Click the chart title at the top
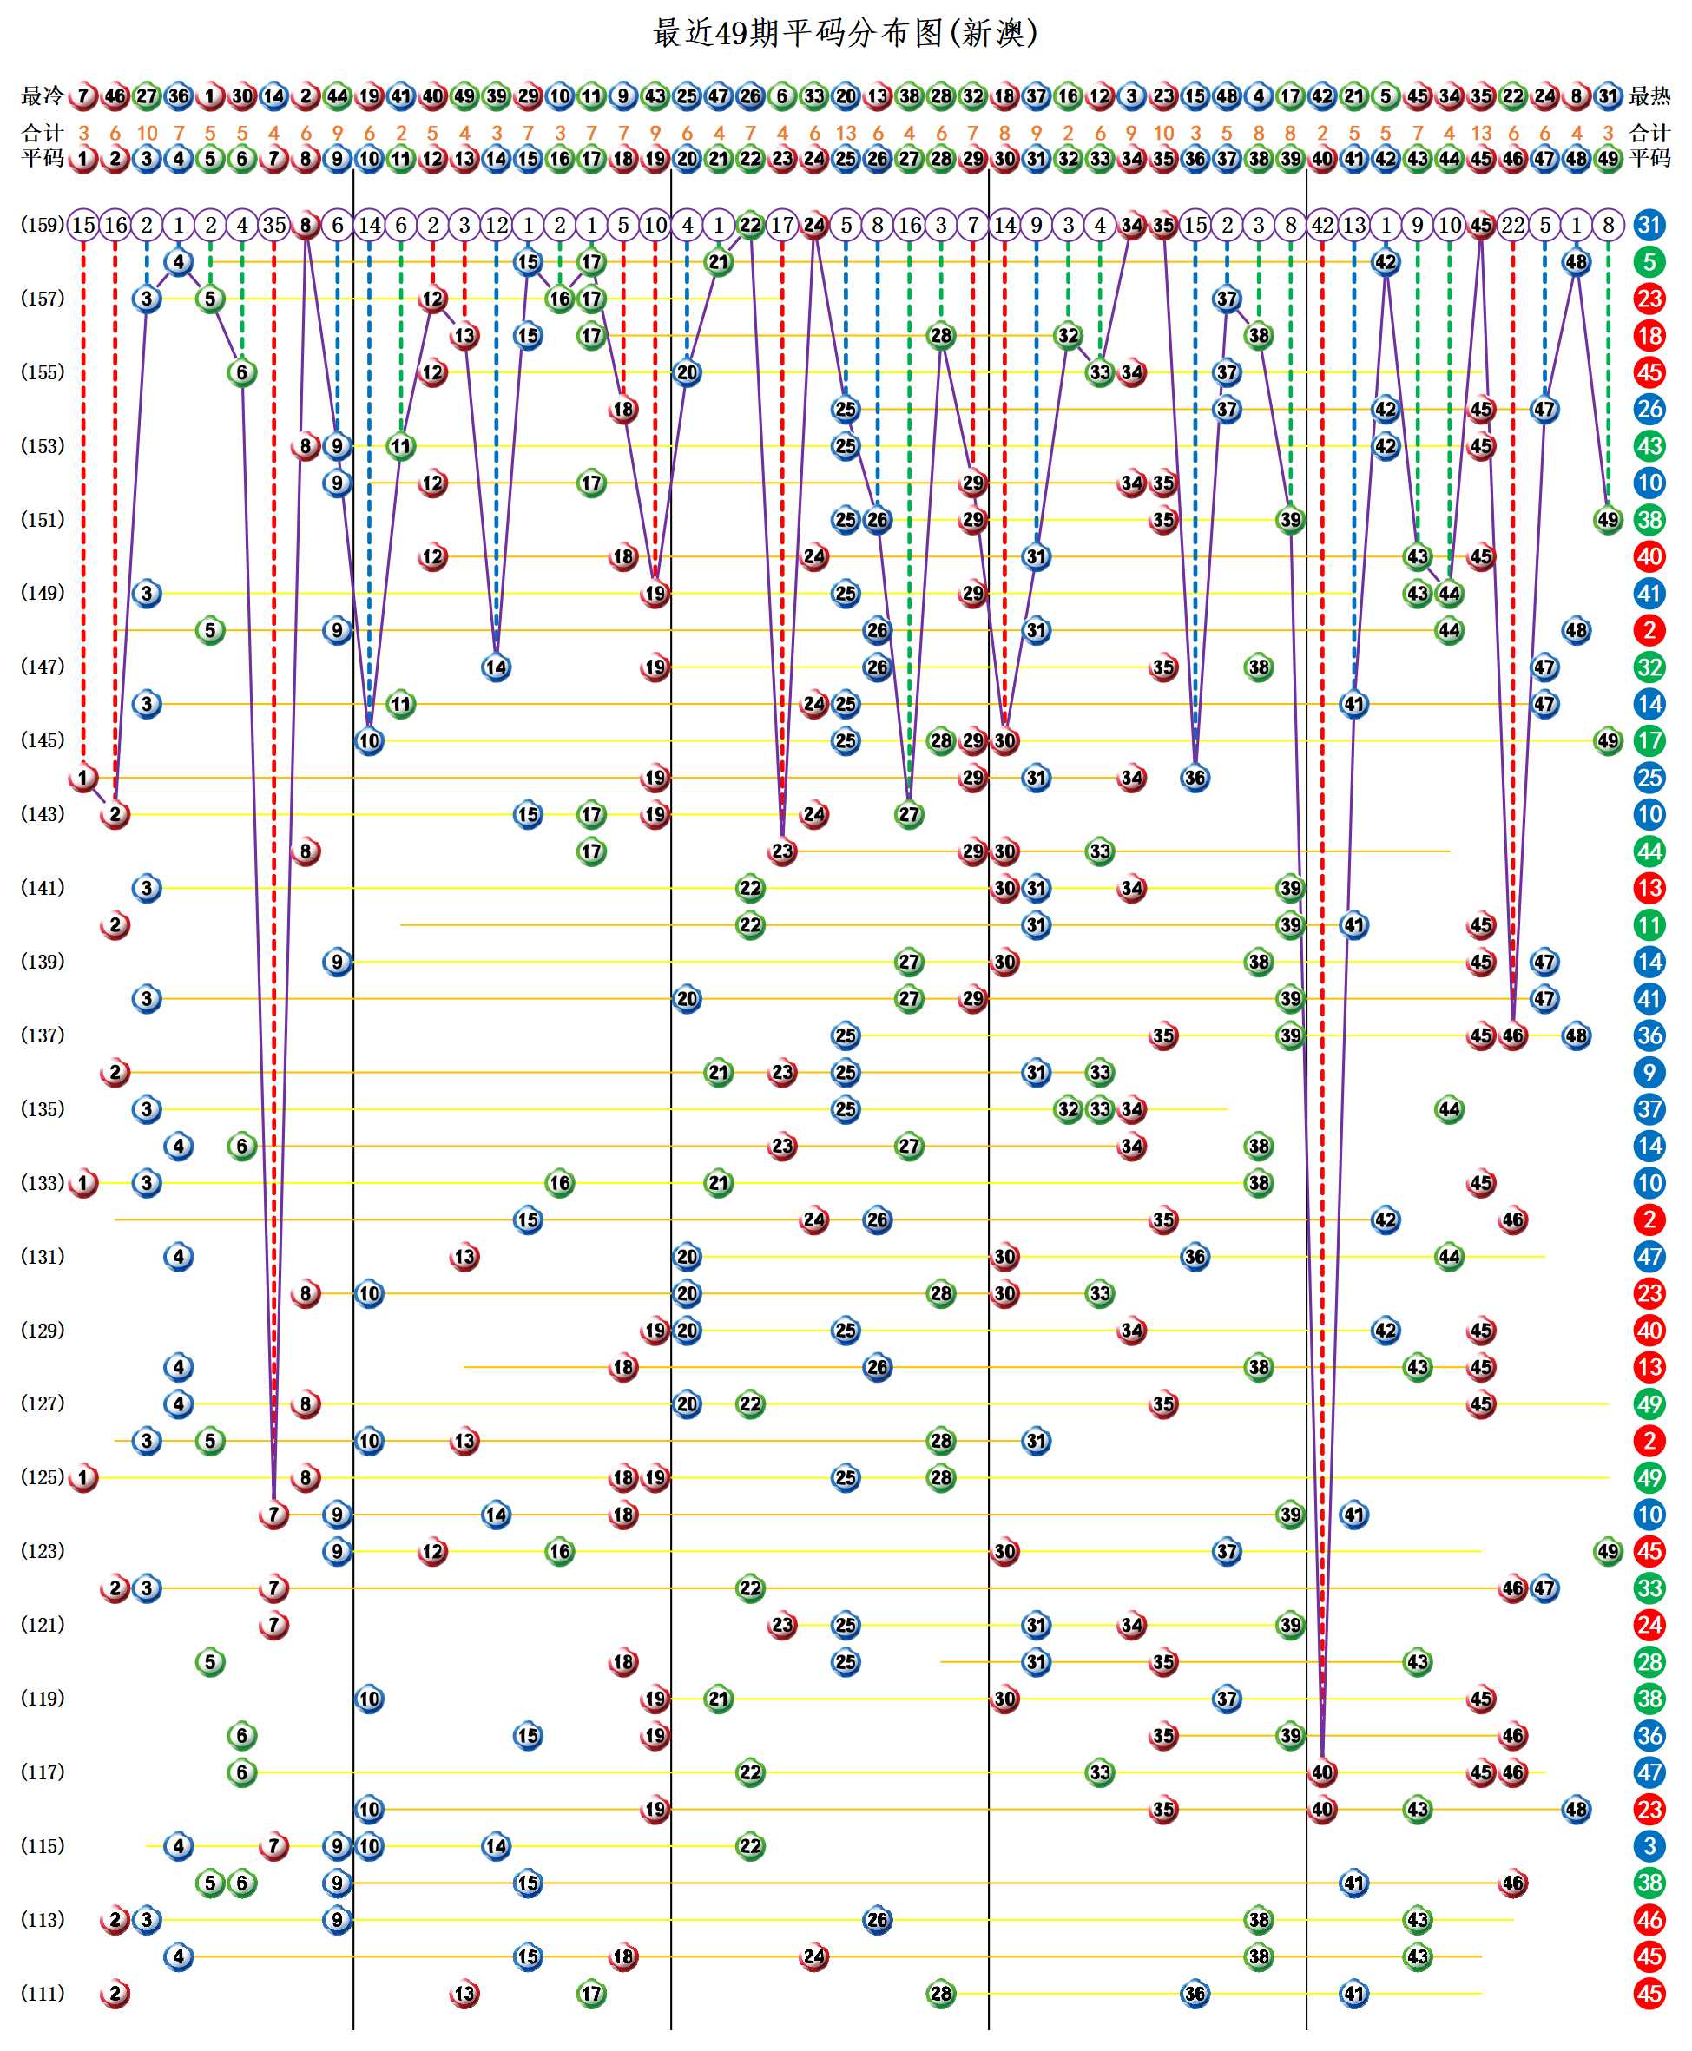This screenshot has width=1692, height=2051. pyautogui.click(x=844, y=33)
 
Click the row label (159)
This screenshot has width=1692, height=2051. pyautogui.click(x=42, y=225)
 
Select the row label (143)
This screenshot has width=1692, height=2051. pyautogui.click(x=42, y=813)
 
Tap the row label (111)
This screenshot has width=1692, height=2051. pyautogui.click(x=42, y=1993)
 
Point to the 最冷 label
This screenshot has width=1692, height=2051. pyautogui.click(x=42, y=95)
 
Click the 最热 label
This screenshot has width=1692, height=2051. pyautogui.click(x=1649, y=95)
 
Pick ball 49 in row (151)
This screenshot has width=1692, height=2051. pyautogui.click(x=1607, y=519)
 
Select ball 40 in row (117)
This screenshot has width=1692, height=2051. pyautogui.click(x=1321, y=1772)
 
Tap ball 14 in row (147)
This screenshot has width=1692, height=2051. pyautogui.click(x=496, y=667)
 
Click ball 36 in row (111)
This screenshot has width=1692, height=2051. pyautogui.click(x=1195, y=1993)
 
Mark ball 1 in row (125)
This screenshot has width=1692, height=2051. pyautogui.click(x=84, y=1477)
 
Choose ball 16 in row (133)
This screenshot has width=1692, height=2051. pyautogui.click(x=559, y=1183)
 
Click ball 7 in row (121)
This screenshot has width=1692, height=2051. pyautogui.click(x=273, y=1624)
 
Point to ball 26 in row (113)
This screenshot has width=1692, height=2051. pyautogui.click(x=877, y=1919)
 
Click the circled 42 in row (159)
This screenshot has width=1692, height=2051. pyautogui.click(x=1321, y=225)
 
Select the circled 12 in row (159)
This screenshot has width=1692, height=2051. pyautogui.click(x=496, y=225)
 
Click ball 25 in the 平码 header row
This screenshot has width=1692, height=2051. pyautogui.click(x=845, y=158)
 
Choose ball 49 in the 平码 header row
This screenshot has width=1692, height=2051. pyautogui.click(x=1607, y=158)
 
